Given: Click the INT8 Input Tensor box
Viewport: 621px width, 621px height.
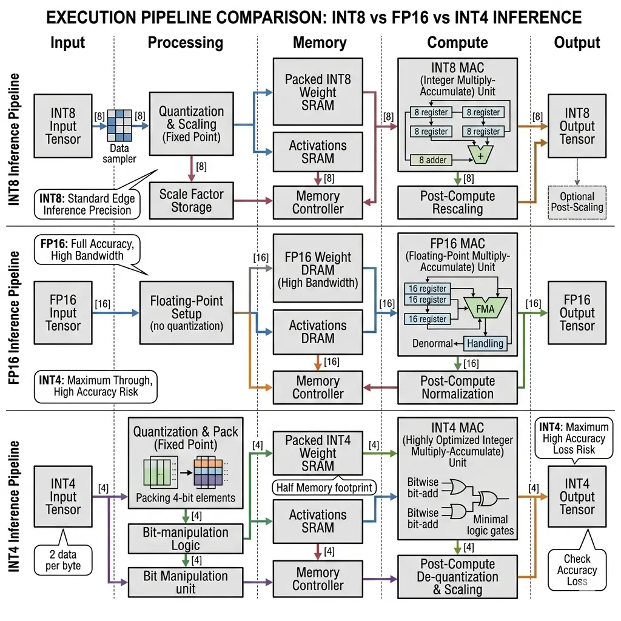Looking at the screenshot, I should point(63,127).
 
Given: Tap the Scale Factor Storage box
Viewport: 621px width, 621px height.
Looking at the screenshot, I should point(191,201).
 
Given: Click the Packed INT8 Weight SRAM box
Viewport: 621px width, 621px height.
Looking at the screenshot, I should point(318,92).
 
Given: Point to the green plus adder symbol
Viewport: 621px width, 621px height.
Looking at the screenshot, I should point(481,155).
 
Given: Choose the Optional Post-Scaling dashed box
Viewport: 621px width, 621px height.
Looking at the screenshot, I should point(577,202).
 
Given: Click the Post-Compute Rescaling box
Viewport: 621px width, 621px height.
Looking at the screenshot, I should point(457,203).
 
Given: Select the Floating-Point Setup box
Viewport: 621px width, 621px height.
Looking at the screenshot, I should point(186,313).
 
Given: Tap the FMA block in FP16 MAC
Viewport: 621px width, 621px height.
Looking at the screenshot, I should point(485,309).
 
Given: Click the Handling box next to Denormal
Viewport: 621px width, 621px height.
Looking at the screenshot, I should point(485,343).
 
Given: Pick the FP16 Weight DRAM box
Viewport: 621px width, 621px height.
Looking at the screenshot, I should point(318,270).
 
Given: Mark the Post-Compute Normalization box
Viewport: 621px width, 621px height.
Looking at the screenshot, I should point(457,387).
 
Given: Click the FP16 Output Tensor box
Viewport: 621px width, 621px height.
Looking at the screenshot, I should point(577,313).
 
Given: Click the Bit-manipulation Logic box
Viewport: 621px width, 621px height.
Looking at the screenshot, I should point(186,539).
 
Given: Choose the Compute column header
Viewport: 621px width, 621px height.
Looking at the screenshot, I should point(457,42).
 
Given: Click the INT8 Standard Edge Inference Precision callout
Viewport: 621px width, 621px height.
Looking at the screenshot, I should point(86,204).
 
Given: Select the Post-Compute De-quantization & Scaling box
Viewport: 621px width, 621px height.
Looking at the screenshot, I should point(457,576).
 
